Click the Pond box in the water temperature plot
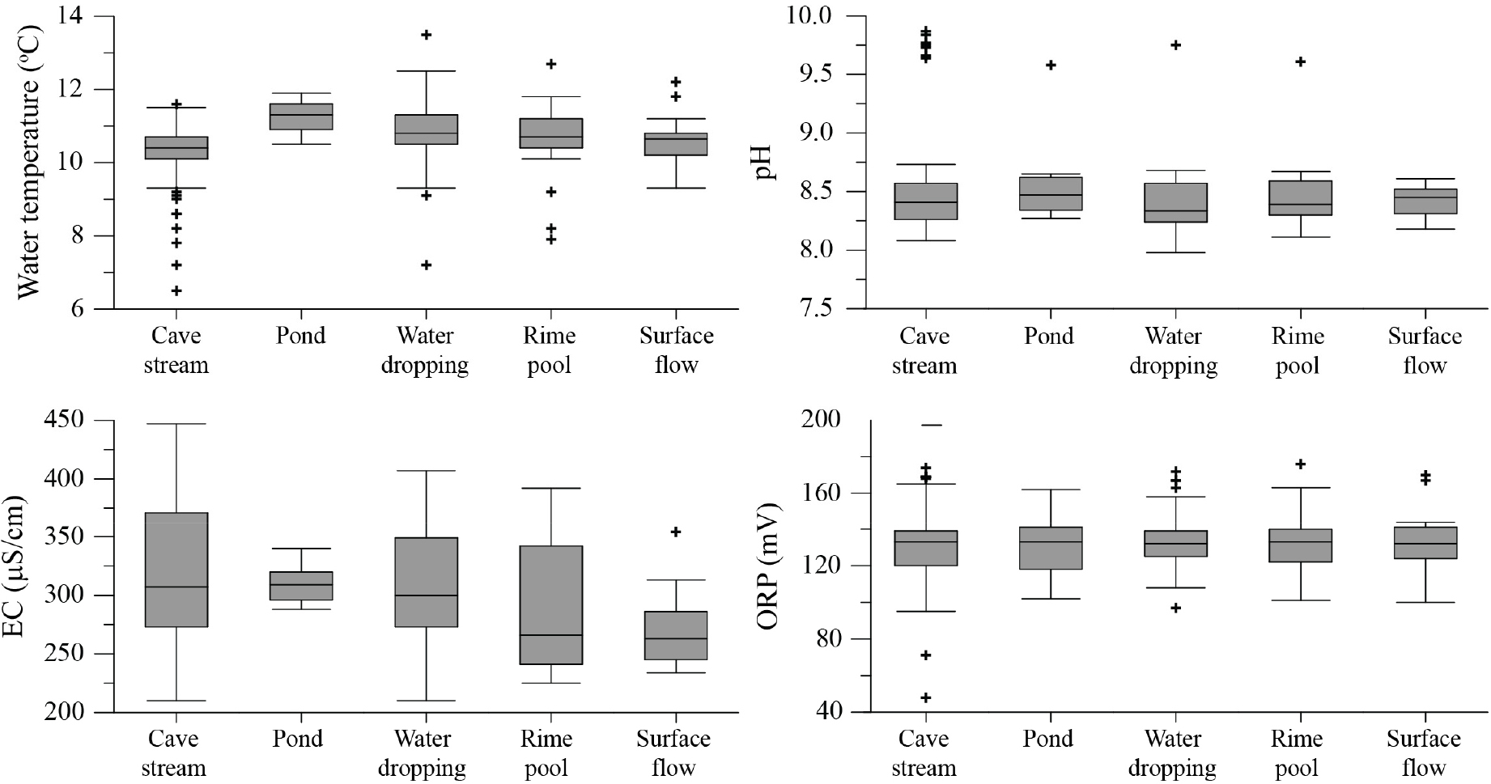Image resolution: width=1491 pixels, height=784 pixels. pyautogui.click(x=300, y=117)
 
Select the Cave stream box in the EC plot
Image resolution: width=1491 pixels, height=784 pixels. pyautogui.click(x=176, y=570)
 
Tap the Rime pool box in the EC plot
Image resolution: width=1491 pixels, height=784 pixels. pyautogui.click(x=550, y=605)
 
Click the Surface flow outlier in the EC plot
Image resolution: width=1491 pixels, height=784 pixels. pyautogui.click(x=676, y=532)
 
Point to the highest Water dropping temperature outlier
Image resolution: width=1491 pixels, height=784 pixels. pyautogui.click(x=426, y=35)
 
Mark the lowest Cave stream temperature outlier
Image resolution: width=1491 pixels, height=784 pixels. pyautogui.click(x=176, y=290)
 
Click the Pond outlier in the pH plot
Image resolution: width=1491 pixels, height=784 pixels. pyautogui.click(x=1051, y=65)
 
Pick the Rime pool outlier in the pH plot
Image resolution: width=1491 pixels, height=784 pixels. pyautogui.click(x=1300, y=61)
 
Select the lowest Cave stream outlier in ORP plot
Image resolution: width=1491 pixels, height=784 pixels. pyautogui.click(x=926, y=697)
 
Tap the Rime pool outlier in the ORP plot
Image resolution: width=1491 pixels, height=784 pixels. pyautogui.click(x=1300, y=464)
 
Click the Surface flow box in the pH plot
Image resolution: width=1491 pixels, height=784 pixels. pyautogui.click(x=1425, y=201)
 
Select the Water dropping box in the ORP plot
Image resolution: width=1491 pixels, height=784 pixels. pyautogui.click(x=1175, y=544)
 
